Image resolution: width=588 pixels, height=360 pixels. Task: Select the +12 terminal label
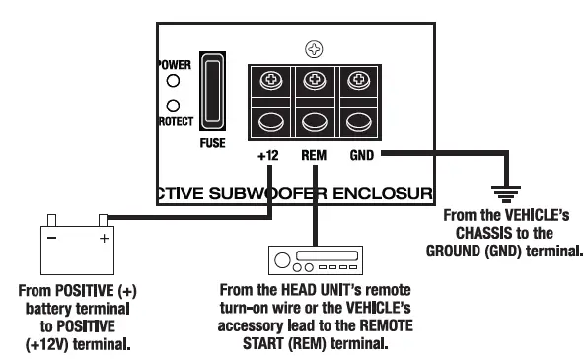point(269,156)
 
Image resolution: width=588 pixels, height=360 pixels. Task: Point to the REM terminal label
point(315,156)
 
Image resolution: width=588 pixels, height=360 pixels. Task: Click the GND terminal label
point(362,156)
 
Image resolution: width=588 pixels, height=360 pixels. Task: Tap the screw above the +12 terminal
point(269,81)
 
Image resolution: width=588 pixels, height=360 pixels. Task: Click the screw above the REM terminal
point(315,81)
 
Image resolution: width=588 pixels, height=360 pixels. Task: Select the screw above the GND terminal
point(360,81)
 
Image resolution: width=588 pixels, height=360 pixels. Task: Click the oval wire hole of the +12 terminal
point(269,123)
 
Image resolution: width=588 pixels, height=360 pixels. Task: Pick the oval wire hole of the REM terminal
point(315,123)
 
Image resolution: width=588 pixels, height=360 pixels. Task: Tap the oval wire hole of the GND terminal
point(360,123)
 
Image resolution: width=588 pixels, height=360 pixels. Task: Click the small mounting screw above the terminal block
point(315,47)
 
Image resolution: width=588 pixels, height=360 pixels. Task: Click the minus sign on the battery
point(54,237)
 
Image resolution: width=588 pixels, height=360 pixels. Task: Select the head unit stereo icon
point(317,260)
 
